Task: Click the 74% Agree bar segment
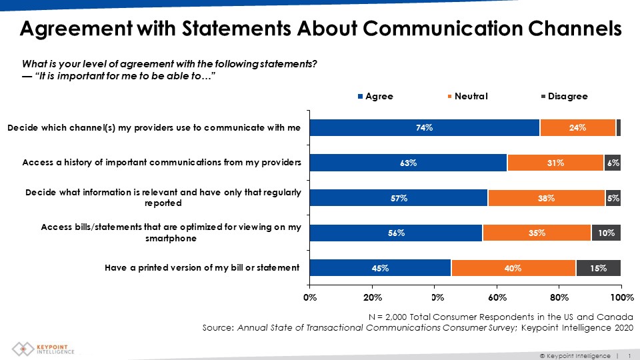tap(425, 127)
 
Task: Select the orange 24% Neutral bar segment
tap(577, 127)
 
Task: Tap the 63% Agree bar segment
tap(408, 163)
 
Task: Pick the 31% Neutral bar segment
tap(555, 163)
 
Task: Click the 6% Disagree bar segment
tap(613, 163)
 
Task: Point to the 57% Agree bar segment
tap(399, 197)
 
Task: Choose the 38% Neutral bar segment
tap(546, 197)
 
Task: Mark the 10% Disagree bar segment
tap(606, 233)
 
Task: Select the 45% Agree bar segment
tap(380, 268)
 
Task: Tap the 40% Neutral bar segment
tap(513, 268)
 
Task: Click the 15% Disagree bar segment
tap(598, 268)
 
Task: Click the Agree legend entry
tap(375, 97)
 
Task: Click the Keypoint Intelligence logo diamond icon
tap(23, 349)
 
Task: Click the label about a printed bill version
tap(202, 268)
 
